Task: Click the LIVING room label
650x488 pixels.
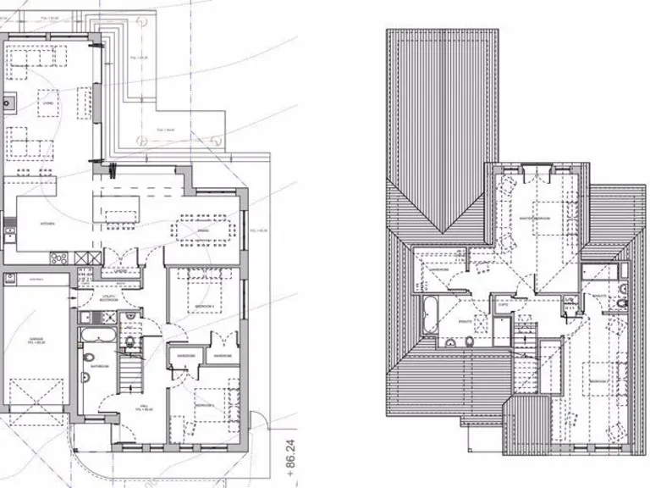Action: (48, 103)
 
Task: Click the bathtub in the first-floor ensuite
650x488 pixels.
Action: (426, 316)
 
